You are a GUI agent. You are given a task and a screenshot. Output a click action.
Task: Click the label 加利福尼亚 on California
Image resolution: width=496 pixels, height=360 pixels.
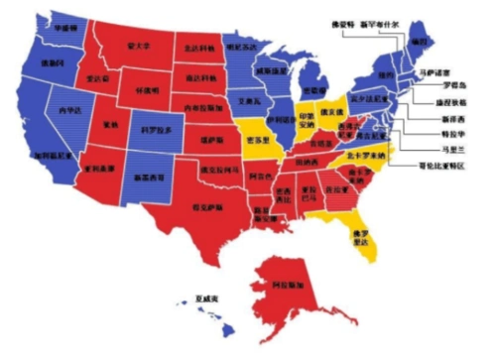[50, 157]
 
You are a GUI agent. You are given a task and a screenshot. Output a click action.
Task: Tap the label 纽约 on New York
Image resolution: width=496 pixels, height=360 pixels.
[388, 75]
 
